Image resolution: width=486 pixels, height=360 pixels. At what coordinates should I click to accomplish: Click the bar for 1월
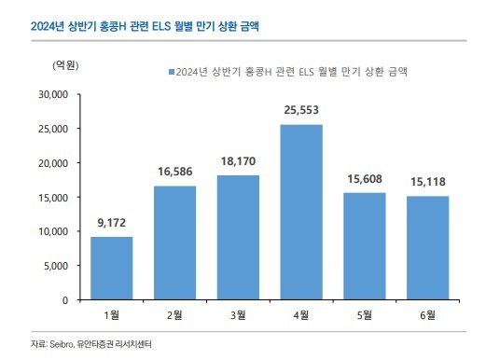(111, 269)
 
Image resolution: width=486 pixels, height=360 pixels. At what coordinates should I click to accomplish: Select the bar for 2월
(175, 242)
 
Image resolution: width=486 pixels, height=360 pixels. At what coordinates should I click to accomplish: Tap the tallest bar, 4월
(302, 212)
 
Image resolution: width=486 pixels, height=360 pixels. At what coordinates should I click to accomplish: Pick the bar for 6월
(428, 248)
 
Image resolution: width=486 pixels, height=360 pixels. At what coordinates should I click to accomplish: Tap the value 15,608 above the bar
(365, 181)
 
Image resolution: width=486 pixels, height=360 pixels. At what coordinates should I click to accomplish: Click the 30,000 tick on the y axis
(51, 94)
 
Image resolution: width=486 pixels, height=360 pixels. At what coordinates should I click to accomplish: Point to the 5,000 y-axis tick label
(55, 266)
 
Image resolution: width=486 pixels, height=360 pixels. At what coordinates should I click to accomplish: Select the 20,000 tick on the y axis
(51, 163)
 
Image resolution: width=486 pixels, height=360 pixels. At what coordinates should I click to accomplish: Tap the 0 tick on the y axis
(65, 300)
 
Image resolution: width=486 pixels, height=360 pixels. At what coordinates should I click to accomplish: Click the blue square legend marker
(170, 71)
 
